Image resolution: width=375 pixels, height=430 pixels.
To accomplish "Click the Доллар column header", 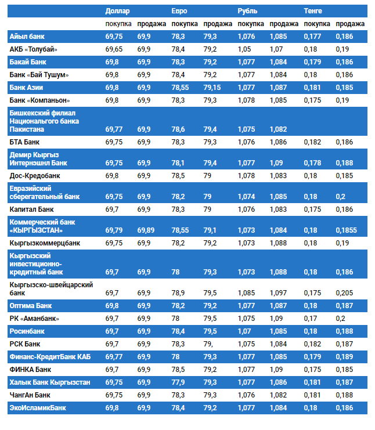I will point(118,11).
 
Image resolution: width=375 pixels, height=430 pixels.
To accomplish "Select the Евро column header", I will point(179,11).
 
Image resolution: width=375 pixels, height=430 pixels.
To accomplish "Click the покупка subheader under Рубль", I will point(251,24).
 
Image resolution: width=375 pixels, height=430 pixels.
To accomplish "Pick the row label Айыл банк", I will point(27,37).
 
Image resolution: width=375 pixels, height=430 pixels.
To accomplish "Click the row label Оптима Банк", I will point(31,305).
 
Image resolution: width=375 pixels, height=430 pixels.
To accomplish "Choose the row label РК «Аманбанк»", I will point(34,319).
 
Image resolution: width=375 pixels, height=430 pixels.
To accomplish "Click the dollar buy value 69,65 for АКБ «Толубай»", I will point(114,49).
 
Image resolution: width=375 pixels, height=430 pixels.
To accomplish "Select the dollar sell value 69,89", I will point(146,230).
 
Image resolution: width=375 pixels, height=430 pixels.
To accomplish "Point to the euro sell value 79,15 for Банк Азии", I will point(212,88).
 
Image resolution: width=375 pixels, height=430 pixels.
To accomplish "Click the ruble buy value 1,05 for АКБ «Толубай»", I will point(244,49).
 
